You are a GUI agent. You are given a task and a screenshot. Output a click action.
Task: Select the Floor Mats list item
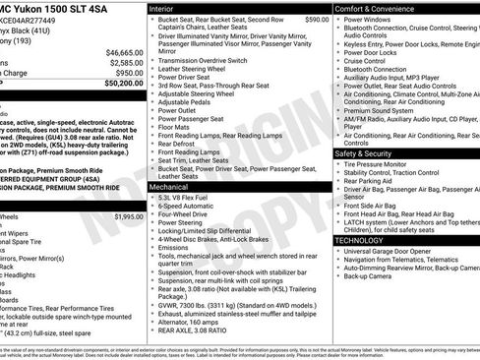click(x=174, y=127)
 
